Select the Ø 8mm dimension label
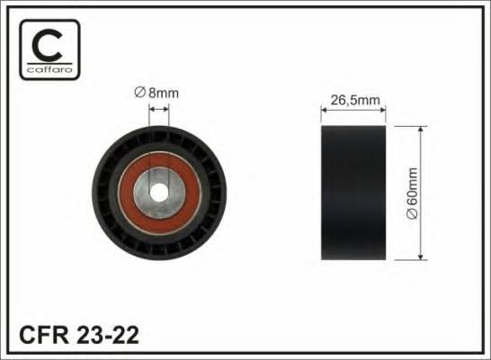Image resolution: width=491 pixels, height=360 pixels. pyautogui.click(x=157, y=91)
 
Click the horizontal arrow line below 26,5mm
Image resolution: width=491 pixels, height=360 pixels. pyautogui.click(x=353, y=111)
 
